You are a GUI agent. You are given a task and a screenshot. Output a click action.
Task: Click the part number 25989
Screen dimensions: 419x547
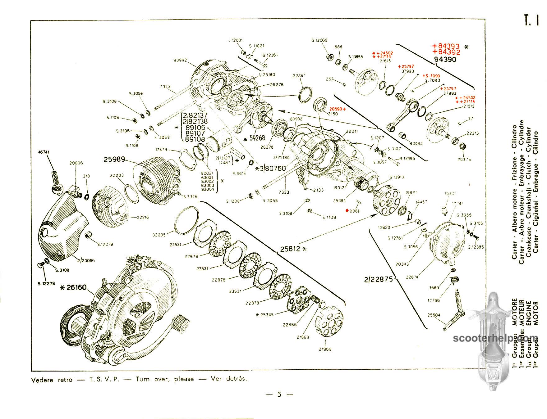[x=114, y=160]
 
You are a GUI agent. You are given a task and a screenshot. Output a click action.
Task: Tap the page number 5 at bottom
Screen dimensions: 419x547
[x=279, y=394]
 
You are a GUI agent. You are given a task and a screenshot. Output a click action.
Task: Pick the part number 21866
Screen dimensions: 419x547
[x=325, y=349]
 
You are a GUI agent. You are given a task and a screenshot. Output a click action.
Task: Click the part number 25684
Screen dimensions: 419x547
[x=434, y=315]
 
